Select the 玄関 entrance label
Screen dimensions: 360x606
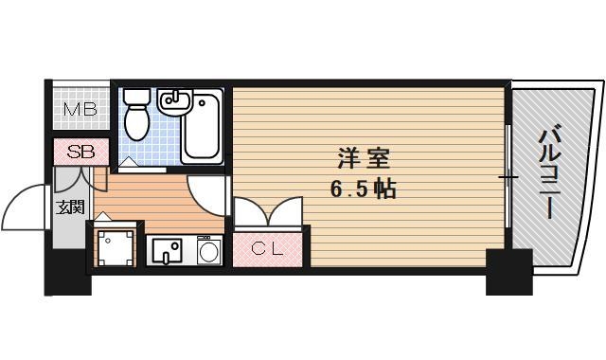69,208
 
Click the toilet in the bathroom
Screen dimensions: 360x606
135,115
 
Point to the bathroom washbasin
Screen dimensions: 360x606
176,99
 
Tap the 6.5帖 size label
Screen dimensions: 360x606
363,189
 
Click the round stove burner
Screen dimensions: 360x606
209,251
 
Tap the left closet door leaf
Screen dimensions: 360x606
248,210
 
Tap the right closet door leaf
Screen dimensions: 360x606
286,210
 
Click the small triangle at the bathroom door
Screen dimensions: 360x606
128,164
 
